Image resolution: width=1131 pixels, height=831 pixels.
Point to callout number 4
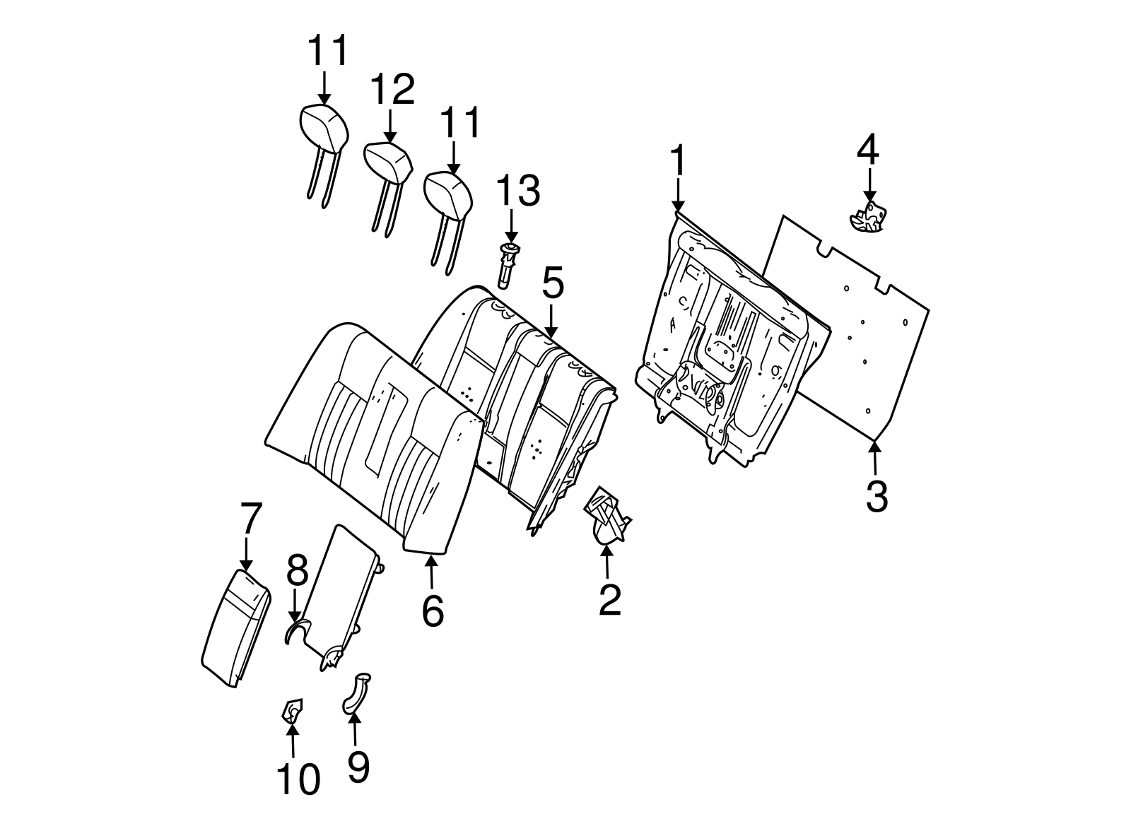(x=868, y=150)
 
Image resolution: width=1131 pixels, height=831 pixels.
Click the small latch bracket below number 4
(x=869, y=216)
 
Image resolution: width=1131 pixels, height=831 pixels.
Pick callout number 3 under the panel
(x=877, y=496)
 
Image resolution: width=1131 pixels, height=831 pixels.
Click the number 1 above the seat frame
(x=677, y=161)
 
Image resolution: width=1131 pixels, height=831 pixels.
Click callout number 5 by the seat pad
(x=553, y=284)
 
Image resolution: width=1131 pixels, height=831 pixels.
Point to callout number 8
(x=297, y=571)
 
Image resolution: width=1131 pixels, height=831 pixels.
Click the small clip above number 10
(x=291, y=710)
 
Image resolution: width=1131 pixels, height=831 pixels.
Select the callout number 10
(x=298, y=779)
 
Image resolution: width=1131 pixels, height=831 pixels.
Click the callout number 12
(x=392, y=90)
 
